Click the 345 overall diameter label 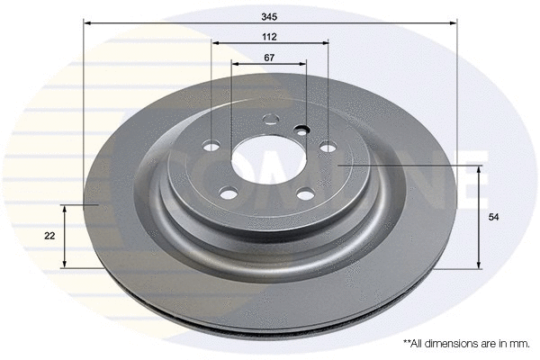(270, 16)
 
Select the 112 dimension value (270, 37)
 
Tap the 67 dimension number (269, 58)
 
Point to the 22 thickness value (49, 236)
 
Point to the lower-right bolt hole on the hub (306, 193)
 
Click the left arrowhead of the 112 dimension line (215, 42)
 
